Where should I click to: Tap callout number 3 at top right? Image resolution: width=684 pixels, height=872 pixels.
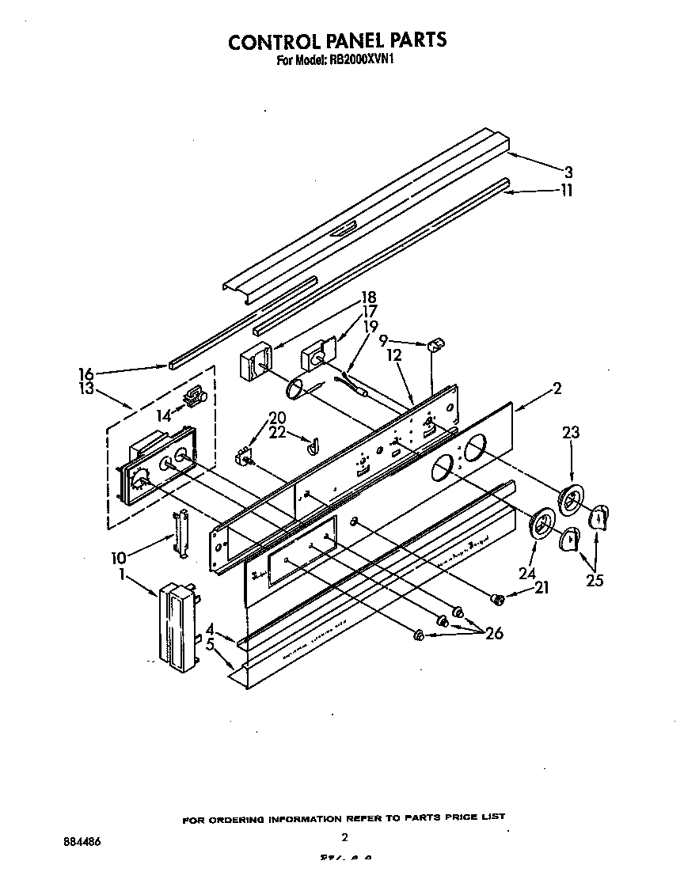click(568, 172)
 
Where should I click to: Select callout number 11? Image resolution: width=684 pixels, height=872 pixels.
click(566, 190)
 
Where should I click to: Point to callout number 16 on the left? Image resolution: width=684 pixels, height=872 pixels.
click(86, 373)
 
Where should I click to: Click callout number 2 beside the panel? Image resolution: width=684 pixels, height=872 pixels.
click(557, 389)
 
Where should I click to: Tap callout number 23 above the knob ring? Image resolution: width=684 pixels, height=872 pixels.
click(571, 433)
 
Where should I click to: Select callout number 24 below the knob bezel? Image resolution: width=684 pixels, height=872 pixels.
click(526, 574)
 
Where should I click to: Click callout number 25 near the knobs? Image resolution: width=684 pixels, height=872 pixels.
click(595, 580)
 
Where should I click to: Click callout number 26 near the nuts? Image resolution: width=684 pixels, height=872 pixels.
click(495, 633)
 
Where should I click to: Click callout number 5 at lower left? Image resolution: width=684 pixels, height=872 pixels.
click(210, 645)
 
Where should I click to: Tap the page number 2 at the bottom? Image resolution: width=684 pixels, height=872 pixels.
click(344, 837)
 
